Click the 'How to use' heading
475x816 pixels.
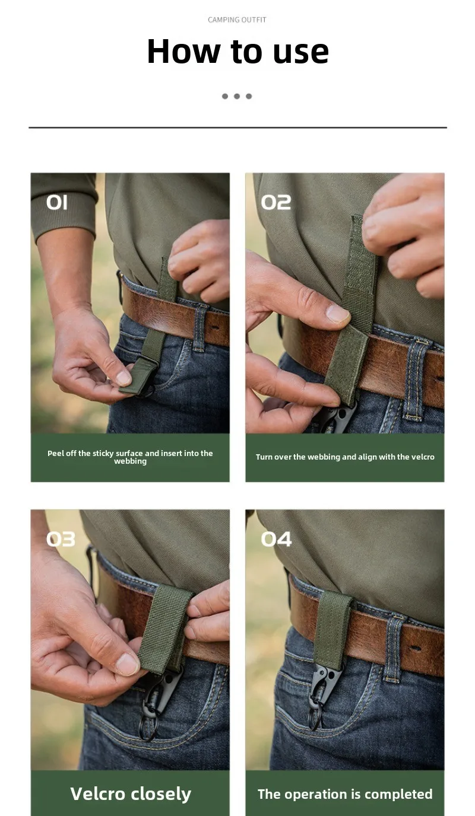[x=237, y=52]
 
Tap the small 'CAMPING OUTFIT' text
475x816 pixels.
[x=237, y=20]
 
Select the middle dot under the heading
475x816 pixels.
[x=237, y=96]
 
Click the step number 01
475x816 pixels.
[x=57, y=202]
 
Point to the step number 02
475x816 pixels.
[x=276, y=202]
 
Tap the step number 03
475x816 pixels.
[x=61, y=539]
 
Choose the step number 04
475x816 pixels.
[x=276, y=539]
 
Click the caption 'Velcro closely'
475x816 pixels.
[x=131, y=794]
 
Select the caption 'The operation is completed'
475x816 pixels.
[x=345, y=794]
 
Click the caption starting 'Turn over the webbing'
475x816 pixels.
[x=345, y=457]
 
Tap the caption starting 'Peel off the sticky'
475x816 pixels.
[x=130, y=457]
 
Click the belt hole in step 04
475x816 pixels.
[x=414, y=648]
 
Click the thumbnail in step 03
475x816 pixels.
[x=126, y=664]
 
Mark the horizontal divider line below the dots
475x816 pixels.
[x=237, y=128]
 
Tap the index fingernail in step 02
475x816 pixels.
[x=337, y=314]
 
